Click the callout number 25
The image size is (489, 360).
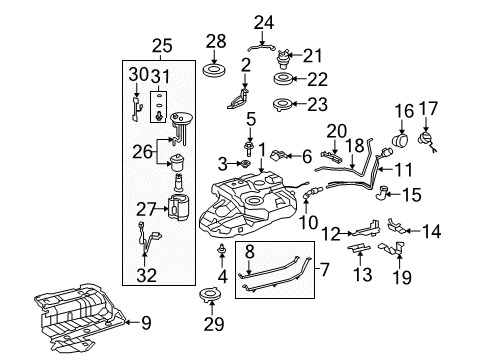[x=162, y=45]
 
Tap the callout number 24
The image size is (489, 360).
[x=263, y=19]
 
